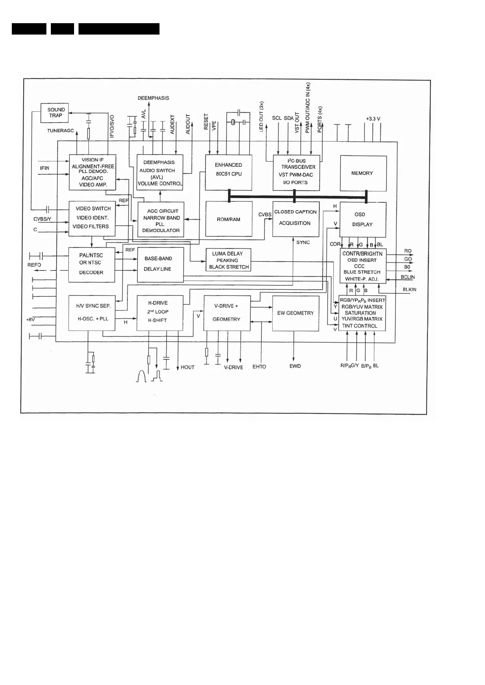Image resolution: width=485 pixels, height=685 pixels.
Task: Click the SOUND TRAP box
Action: coord(55,113)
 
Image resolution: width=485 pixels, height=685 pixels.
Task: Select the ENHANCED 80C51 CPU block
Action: coord(228,172)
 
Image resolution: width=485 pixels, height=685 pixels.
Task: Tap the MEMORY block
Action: coord(363,173)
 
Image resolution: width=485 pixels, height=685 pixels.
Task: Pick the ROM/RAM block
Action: coord(228,219)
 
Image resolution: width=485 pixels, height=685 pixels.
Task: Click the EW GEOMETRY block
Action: coord(295,313)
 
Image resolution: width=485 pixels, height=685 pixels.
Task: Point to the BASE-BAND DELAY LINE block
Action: coord(160,265)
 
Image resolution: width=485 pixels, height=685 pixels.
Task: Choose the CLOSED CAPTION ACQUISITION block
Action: coord(295,218)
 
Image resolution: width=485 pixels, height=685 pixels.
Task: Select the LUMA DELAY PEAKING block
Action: coord(228,260)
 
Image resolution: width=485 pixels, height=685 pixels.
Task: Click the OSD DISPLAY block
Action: coord(363,220)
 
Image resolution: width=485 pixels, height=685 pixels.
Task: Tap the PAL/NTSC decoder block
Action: coord(92,265)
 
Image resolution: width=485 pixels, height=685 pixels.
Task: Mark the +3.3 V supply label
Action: coord(373,119)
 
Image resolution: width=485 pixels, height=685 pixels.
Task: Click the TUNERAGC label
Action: coord(61,131)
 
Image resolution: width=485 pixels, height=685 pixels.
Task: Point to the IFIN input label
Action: coord(44,167)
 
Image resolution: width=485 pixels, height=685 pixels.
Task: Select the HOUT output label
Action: coord(188,368)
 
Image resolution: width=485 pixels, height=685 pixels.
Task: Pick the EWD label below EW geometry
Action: coord(295,366)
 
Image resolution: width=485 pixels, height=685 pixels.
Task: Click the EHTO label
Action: coord(259,367)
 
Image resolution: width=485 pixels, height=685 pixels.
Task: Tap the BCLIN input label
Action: coord(408,277)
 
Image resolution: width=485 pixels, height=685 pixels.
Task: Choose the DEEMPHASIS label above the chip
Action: coord(153,98)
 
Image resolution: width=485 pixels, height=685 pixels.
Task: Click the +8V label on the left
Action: coord(31,320)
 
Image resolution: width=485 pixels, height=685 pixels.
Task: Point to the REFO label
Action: coord(34,265)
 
